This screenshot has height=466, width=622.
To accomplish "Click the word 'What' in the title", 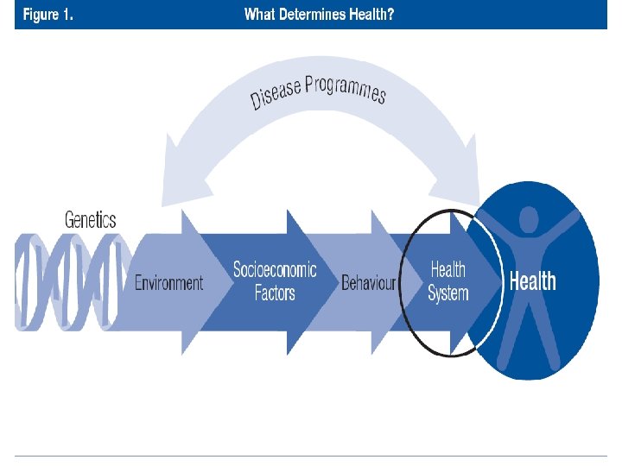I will pyautogui.click(x=260, y=15).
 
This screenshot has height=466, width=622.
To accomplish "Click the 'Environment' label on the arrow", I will pyautogui.click(x=169, y=282).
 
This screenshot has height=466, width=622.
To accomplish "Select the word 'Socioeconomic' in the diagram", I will pyautogui.click(x=275, y=270).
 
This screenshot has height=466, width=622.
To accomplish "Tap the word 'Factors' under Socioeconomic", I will pyautogui.click(x=275, y=293).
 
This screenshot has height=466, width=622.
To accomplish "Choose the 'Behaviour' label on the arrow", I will pyautogui.click(x=368, y=282).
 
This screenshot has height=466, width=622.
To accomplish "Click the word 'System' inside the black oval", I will pyautogui.click(x=447, y=293).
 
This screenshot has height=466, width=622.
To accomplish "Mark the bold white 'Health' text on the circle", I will pyautogui.click(x=533, y=281).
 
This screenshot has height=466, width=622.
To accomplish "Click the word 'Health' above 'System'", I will pyautogui.click(x=447, y=270).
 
